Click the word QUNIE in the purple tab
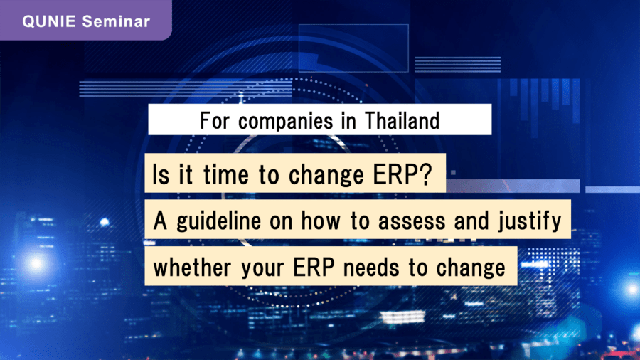pyautogui.click(x=49, y=21)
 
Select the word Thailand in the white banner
pyautogui.click(x=402, y=121)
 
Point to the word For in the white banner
pyautogui.click(x=215, y=121)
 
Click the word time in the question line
pyautogui.click(x=226, y=175)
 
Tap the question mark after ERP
pyautogui.click(x=425, y=174)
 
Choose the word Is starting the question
pyautogui.click(x=161, y=175)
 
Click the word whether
pyautogui.click(x=192, y=268)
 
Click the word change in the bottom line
pyautogui.click(x=471, y=268)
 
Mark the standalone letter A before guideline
pyautogui.click(x=161, y=221)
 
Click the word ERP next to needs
pyautogui.click(x=314, y=268)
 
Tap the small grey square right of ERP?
pyautogui.click(x=453, y=173)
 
